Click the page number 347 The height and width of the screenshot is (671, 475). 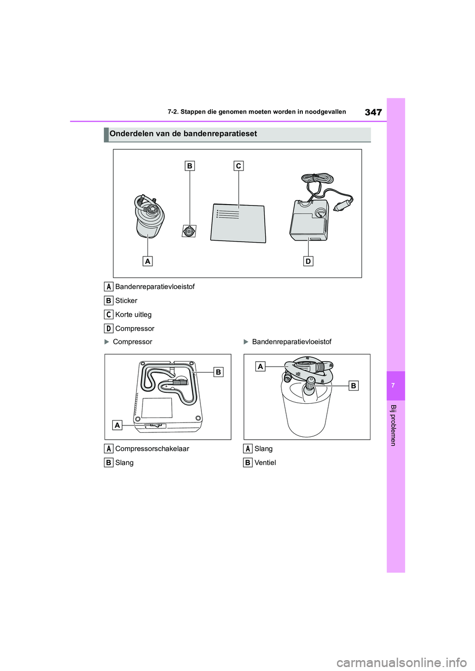373,112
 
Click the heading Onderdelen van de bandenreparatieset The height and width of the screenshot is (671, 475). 183,134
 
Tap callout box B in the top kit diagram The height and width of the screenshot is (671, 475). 190,166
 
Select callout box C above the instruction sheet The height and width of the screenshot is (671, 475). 238,166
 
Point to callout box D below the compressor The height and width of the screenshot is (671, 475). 308,261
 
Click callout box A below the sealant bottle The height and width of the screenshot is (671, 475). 147,261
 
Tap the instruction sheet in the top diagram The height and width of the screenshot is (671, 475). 238,223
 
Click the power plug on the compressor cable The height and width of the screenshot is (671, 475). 343,204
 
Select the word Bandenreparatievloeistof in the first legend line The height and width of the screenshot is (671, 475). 155,287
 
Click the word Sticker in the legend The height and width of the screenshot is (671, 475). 126,300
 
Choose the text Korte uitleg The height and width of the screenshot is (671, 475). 133,314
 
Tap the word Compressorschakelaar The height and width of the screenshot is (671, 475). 152,449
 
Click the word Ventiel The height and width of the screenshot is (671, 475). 265,462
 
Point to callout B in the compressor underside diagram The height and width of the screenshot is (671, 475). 218,372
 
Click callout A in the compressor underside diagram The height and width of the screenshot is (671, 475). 117,425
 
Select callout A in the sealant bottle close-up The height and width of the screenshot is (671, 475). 260,366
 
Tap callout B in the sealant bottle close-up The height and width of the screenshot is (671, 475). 353,385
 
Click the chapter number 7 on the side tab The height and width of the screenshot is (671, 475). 393,385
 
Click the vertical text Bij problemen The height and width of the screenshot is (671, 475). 393,425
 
